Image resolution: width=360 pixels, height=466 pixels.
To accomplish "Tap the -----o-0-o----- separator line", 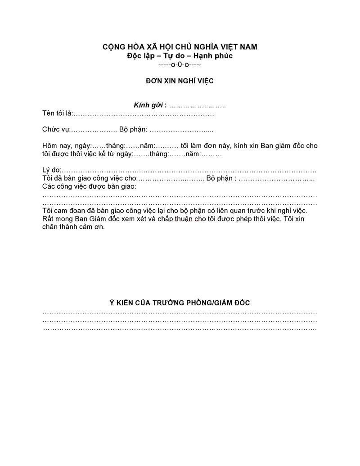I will tap(180, 64).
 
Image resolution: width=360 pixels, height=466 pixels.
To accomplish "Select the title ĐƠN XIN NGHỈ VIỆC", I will tap(180, 81).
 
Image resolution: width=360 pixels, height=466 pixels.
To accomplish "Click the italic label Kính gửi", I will tap(148, 105).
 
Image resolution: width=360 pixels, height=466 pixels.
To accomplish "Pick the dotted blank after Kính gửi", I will tap(198, 106).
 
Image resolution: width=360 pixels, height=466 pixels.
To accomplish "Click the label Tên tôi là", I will tap(57, 113).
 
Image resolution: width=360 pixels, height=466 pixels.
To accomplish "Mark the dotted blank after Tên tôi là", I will tap(143, 114).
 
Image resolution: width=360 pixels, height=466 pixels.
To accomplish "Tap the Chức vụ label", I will tap(56, 130).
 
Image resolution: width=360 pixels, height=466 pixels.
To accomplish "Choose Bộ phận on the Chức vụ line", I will tap(133, 130).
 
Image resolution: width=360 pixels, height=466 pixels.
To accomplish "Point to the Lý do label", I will tap(51, 170).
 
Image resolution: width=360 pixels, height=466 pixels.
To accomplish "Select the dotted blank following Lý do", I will tap(189, 171).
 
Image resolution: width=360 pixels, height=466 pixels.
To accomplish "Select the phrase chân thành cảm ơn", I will tap(73, 227).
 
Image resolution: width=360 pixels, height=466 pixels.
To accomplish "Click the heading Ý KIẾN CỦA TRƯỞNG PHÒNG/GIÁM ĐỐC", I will tap(180, 303).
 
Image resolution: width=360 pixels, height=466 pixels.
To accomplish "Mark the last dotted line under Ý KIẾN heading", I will tap(180, 329).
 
